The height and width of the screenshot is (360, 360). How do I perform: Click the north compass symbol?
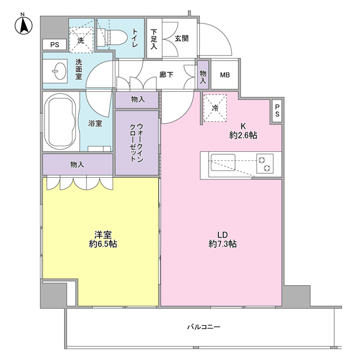24,25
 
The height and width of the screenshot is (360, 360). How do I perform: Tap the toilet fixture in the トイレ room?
112,37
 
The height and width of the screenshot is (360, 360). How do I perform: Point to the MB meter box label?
225,75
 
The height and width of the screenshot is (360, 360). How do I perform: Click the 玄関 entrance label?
182,38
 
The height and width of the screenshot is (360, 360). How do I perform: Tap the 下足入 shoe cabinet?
154,38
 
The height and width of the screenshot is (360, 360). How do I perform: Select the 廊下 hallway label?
166,75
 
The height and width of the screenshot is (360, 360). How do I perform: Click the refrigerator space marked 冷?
215,108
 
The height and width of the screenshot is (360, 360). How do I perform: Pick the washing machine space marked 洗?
81,40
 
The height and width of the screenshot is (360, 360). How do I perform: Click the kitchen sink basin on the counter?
223,163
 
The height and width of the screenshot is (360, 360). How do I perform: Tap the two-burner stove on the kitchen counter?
265,164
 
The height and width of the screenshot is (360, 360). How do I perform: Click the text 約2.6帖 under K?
243,136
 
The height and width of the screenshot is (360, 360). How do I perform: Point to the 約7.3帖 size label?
223,244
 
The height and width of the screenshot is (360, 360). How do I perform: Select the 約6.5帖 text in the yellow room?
103,244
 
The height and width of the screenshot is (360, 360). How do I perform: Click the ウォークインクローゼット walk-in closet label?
137,142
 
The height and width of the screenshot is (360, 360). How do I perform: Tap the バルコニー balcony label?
204,327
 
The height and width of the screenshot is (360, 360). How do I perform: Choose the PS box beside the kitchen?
277,111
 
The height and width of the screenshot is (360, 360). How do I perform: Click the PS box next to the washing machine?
55,44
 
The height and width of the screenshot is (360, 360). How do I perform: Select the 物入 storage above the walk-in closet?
137,100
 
